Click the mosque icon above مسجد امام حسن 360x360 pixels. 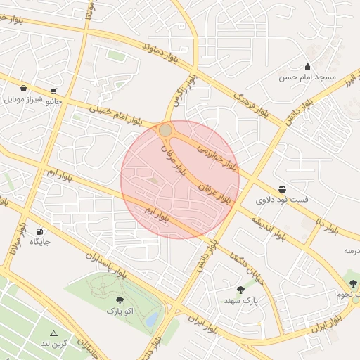point(307,66)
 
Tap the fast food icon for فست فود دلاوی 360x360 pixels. point(282,189)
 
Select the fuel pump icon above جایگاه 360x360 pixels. point(39,231)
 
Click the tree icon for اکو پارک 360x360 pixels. point(119,300)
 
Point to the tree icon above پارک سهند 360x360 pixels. point(241,290)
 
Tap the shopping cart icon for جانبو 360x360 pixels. point(53,91)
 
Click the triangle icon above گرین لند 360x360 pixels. point(53,333)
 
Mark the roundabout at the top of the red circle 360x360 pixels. point(165,130)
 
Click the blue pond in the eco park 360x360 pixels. point(152,320)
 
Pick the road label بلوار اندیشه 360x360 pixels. point(268,226)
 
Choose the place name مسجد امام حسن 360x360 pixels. point(308,77)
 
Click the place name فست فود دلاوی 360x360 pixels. point(281,200)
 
